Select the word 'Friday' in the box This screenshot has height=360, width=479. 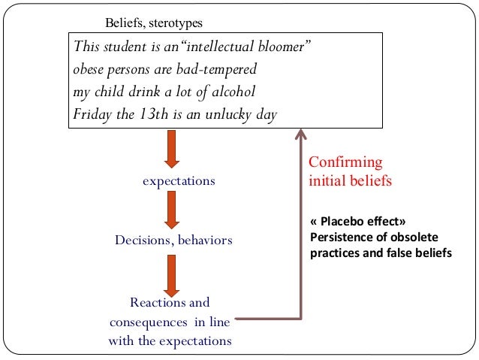(x=90, y=115)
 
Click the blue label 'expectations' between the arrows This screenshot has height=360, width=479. (x=179, y=181)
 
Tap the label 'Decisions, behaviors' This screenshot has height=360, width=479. (x=173, y=241)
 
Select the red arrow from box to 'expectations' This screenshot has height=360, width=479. (x=172, y=148)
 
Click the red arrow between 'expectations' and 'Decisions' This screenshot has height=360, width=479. (x=172, y=210)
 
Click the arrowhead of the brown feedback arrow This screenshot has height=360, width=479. (x=301, y=135)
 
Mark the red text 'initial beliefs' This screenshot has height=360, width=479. (x=350, y=181)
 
